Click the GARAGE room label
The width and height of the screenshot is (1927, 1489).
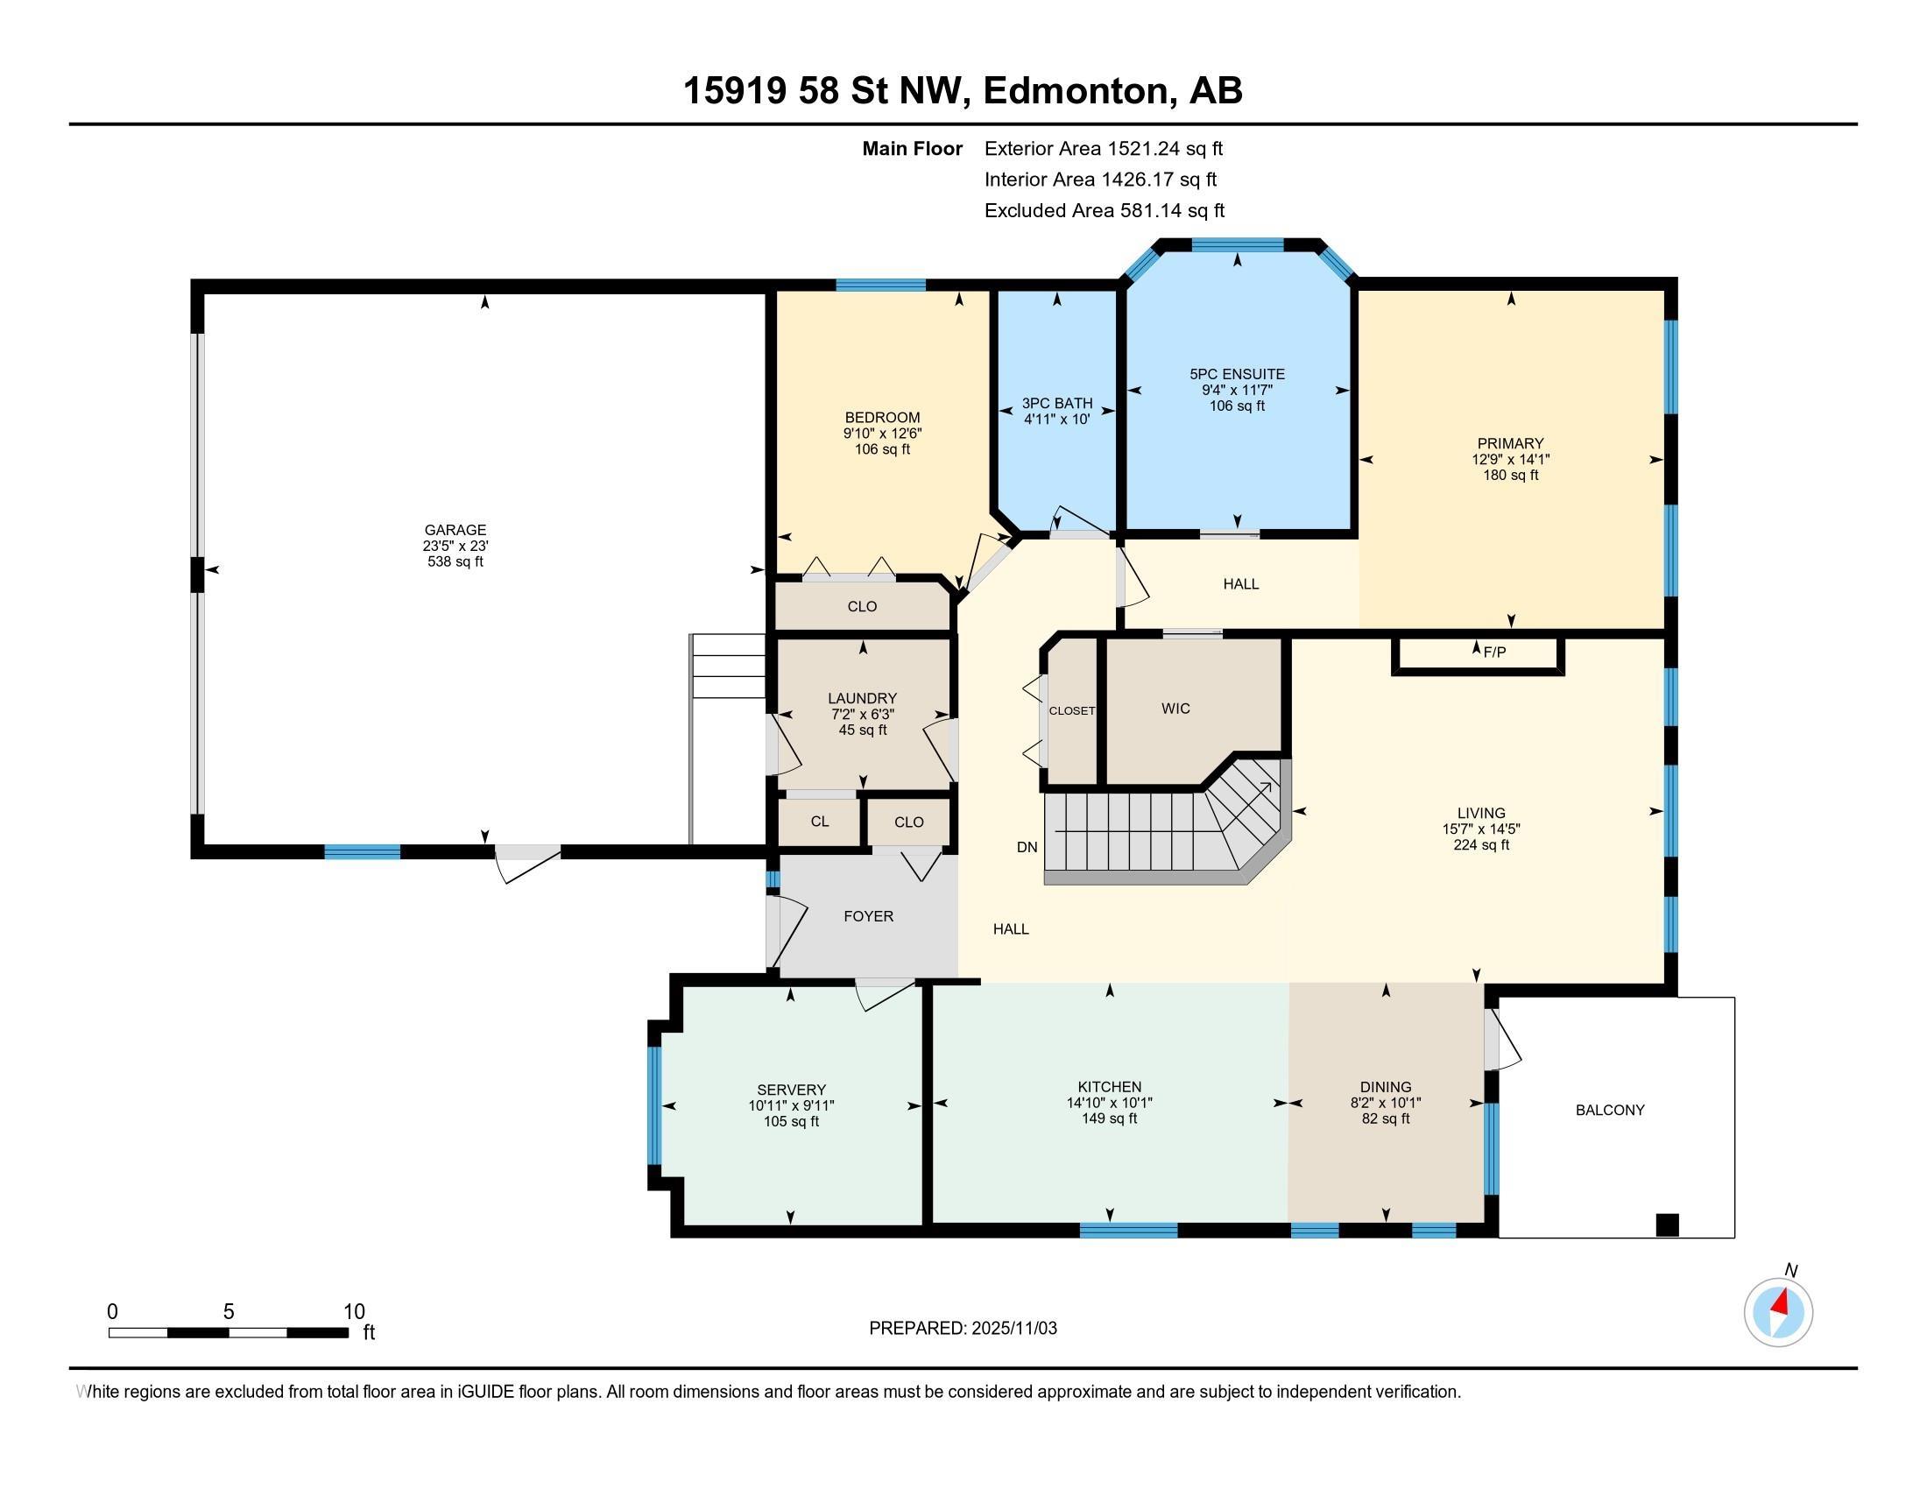455,530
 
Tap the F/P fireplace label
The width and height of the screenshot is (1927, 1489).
1494,653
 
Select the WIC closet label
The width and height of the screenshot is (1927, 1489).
1175,709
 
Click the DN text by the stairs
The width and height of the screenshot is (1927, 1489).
1027,848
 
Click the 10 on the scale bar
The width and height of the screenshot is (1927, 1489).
354,1312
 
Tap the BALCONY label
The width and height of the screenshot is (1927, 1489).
1610,1111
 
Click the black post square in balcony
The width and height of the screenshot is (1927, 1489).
1667,1225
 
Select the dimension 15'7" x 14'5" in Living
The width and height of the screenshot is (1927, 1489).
1481,829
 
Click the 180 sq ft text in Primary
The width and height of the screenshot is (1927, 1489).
1511,476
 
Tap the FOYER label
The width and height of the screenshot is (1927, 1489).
868,916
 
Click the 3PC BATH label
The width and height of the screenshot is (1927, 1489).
1057,403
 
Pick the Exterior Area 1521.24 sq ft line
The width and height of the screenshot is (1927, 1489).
1104,149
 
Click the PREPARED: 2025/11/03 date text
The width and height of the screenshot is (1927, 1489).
963,1329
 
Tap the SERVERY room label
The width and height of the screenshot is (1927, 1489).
792,1090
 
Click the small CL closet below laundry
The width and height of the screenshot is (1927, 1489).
820,822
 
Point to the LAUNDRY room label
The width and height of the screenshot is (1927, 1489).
862,699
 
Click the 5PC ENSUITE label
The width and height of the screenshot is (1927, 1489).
1237,374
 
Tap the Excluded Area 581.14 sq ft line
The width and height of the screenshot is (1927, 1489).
1105,211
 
